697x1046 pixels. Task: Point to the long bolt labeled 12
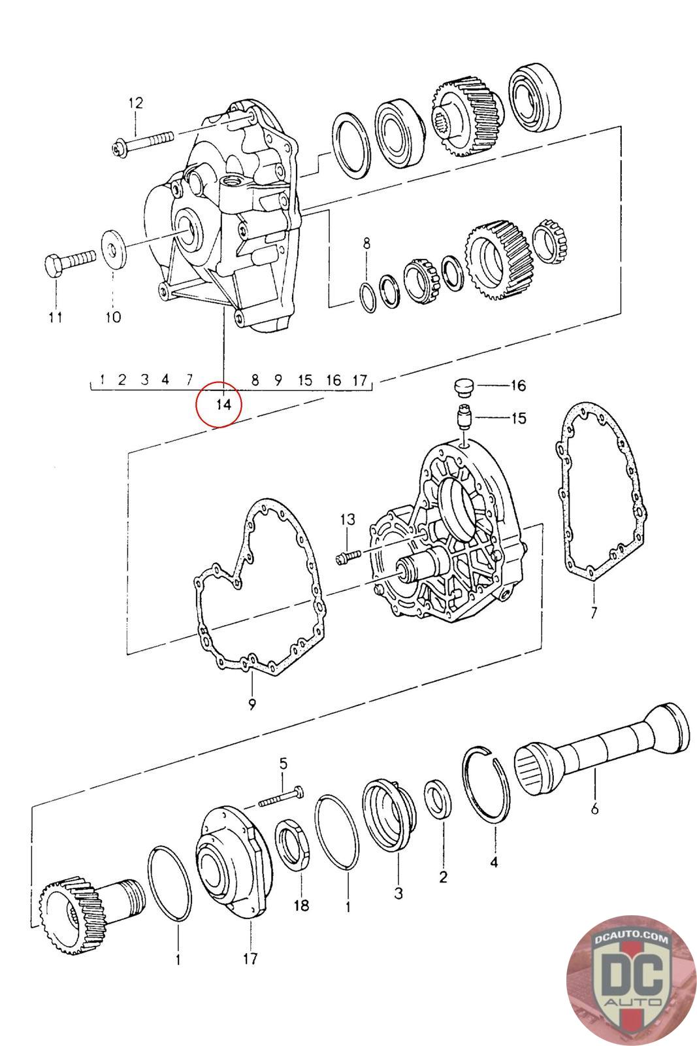[x=143, y=142]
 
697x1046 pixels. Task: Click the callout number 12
[x=136, y=103]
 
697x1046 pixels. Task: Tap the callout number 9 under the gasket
[x=252, y=703]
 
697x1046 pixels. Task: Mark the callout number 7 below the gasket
[x=593, y=612]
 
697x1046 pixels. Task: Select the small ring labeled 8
[x=368, y=297]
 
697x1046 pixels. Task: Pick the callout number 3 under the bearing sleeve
[x=398, y=893]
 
